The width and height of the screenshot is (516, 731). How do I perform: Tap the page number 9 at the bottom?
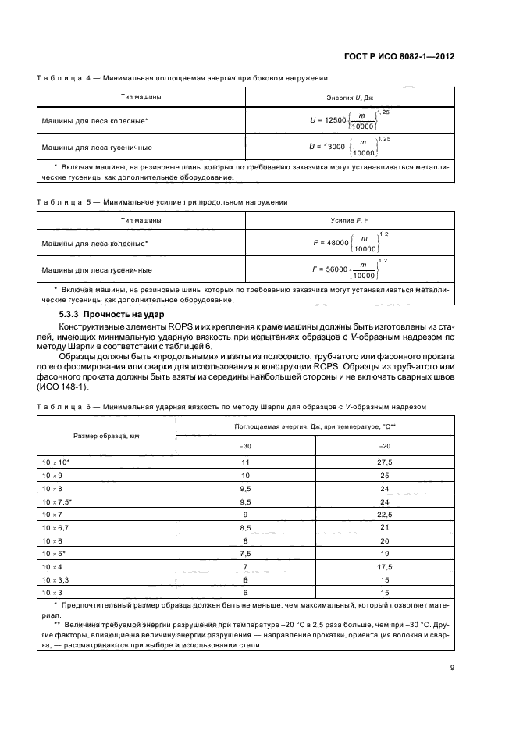(452, 667)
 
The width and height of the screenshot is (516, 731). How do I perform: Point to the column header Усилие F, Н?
(349, 221)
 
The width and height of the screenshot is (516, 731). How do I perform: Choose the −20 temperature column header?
(384, 447)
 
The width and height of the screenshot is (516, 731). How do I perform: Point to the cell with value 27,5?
(384, 463)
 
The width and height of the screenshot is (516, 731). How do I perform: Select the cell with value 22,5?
(384, 515)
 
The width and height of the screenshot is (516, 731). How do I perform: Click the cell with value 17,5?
(384, 566)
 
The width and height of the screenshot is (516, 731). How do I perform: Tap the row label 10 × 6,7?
(58, 528)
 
